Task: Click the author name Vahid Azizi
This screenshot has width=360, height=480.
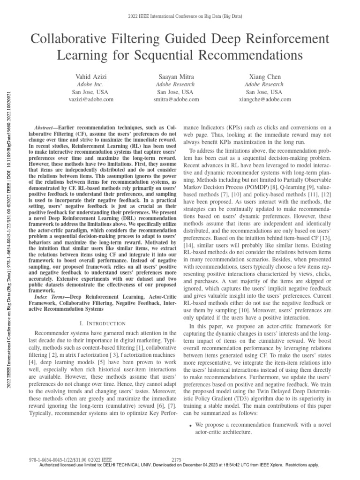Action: click(x=90, y=76)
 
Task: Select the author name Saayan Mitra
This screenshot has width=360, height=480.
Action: click(x=178, y=76)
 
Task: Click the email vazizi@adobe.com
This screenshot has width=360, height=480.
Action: click(x=90, y=99)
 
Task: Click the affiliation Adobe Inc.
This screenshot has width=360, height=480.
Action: click(x=90, y=84)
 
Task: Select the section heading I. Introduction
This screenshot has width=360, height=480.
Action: click(x=103, y=310)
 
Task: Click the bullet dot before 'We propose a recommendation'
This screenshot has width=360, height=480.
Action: click(x=190, y=425)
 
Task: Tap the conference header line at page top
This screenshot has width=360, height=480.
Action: click(x=179, y=16)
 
